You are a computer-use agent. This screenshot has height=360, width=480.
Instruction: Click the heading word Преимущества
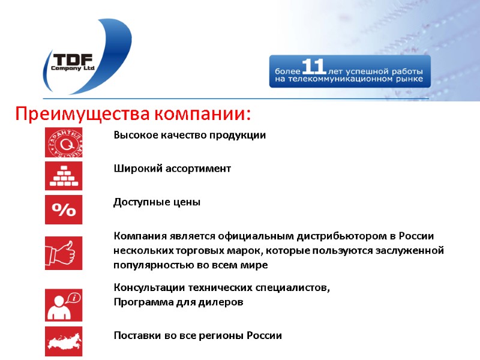click(82, 113)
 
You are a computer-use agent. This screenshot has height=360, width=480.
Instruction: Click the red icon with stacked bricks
click(64, 176)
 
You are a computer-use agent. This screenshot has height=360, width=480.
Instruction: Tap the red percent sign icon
click(64, 209)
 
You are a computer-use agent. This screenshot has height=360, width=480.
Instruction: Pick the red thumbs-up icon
click(64, 253)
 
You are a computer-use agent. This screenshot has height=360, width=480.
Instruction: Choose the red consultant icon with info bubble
click(64, 305)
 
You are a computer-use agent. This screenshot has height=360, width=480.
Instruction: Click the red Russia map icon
click(64, 341)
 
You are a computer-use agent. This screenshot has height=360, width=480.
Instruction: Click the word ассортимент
click(194, 169)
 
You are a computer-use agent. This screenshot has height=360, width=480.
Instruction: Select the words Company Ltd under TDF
click(73, 68)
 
